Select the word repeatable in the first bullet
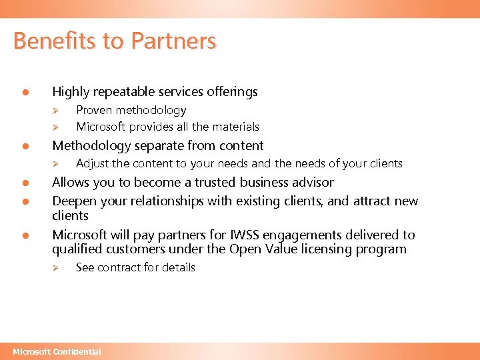point(119,92)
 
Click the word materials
point(236,127)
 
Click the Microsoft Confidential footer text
point(57,351)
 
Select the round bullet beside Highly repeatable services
point(23,93)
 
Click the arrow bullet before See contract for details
point(57,268)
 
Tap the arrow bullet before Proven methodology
point(57,111)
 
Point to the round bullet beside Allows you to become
point(23,183)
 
